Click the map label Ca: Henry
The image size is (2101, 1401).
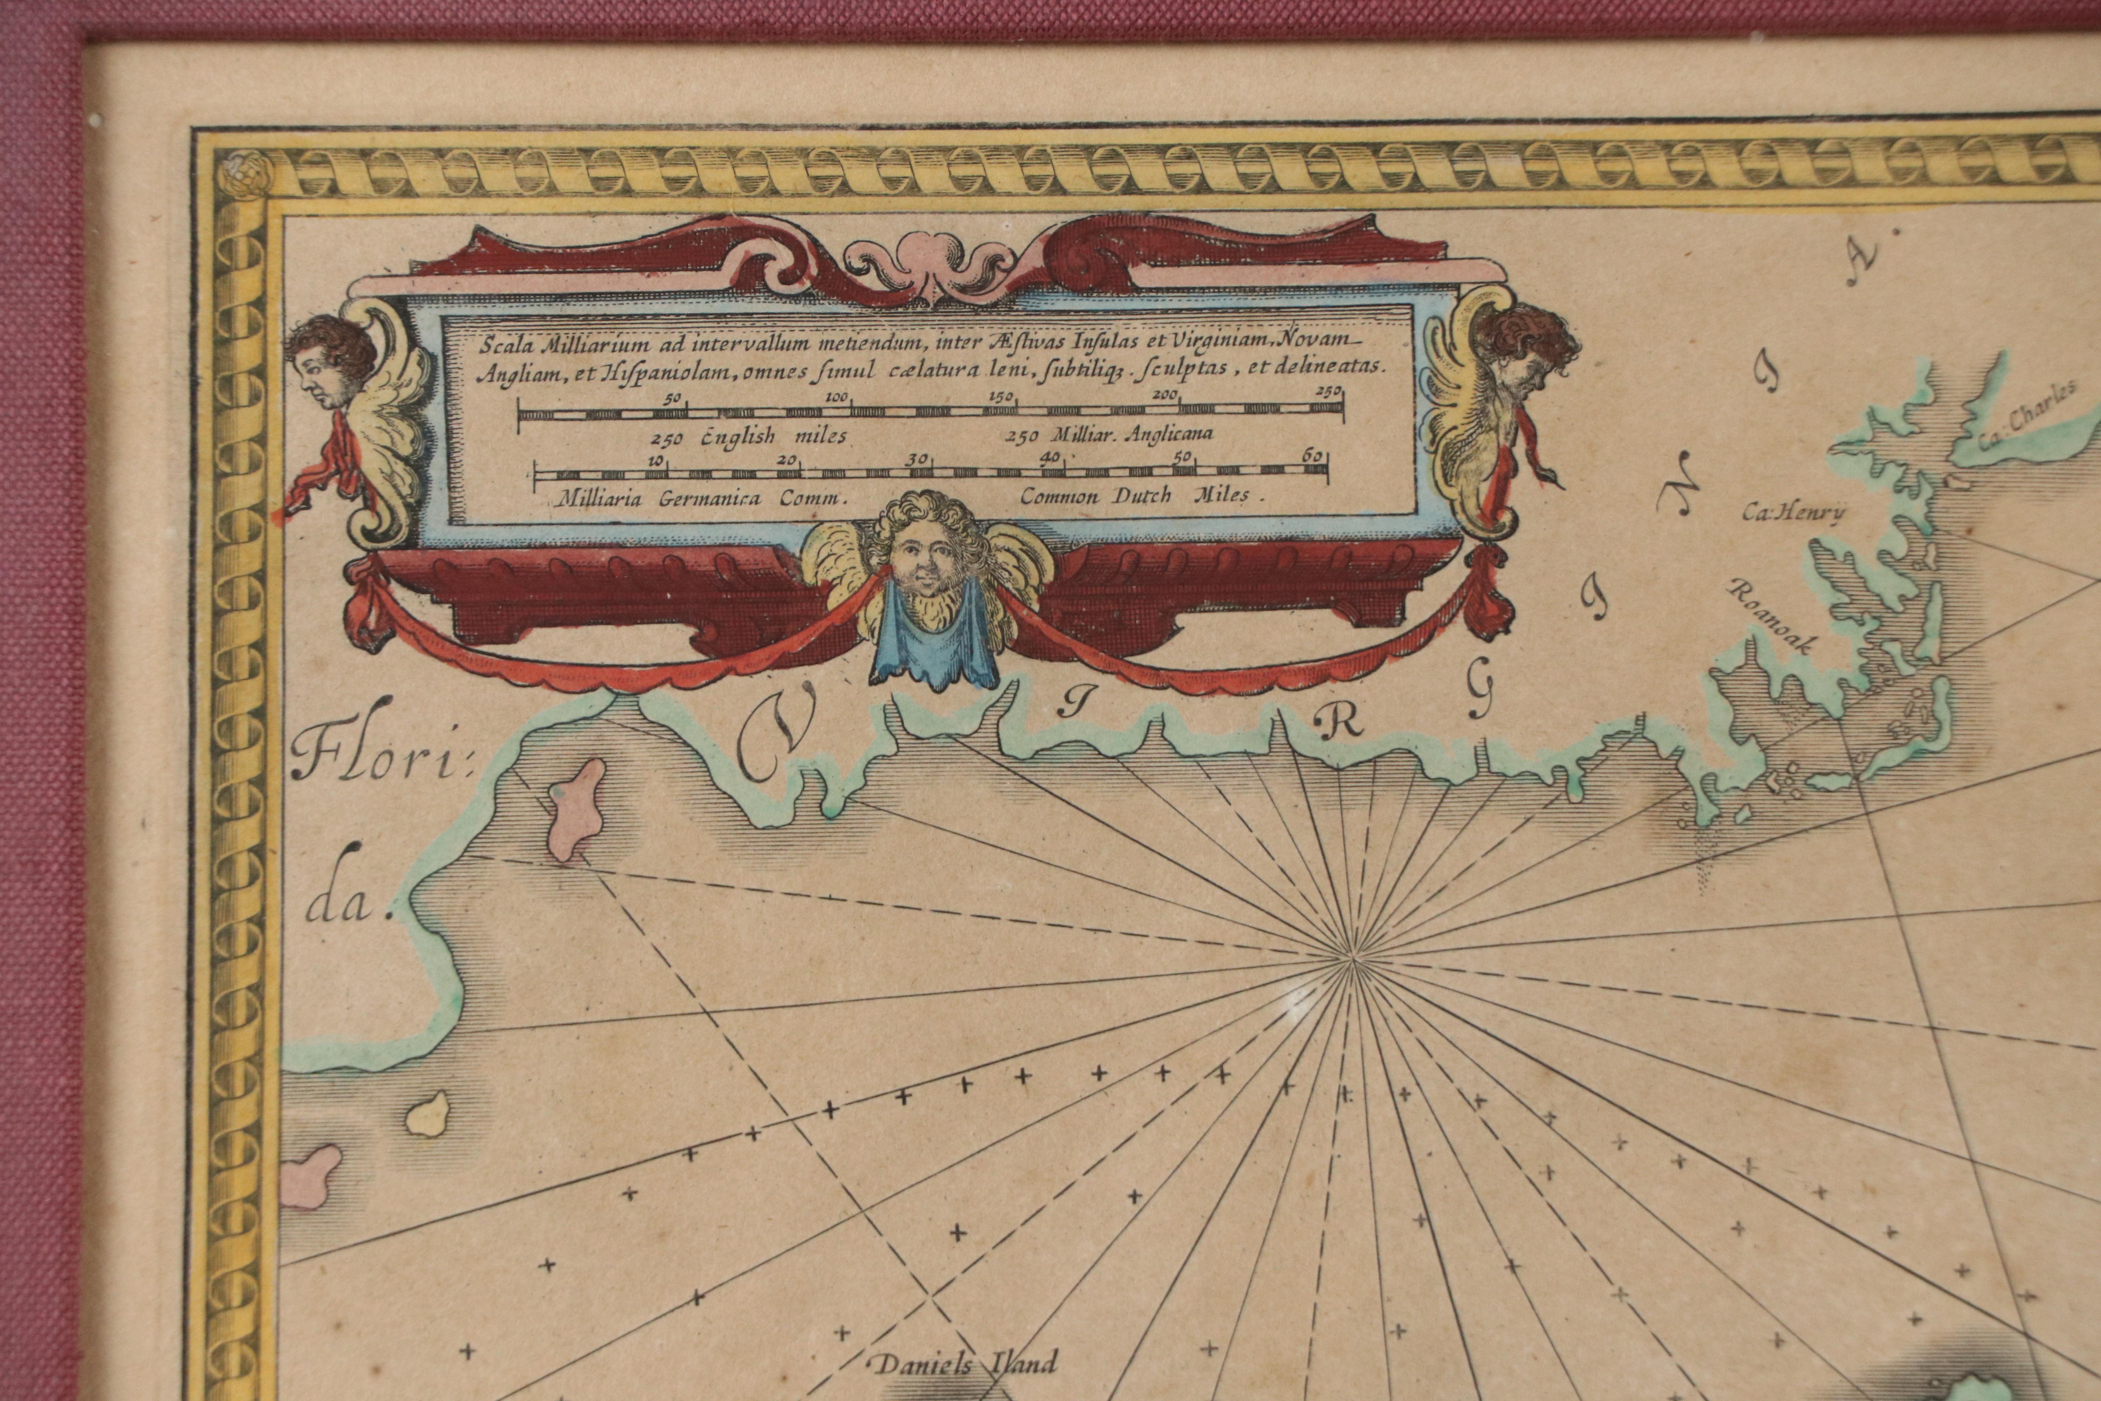coord(1792,513)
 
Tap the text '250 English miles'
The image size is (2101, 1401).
coord(749,439)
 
